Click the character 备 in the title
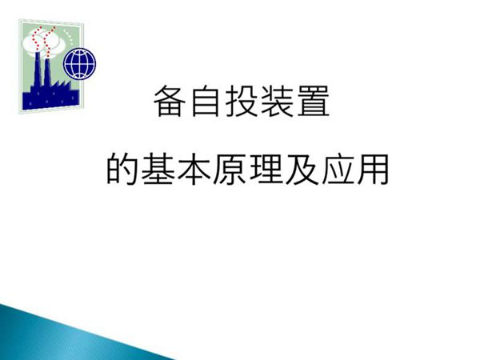pos(169,103)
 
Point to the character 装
pos(276,103)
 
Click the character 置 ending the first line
pos(311,103)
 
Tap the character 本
pos(195,170)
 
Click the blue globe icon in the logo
pos(80,61)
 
